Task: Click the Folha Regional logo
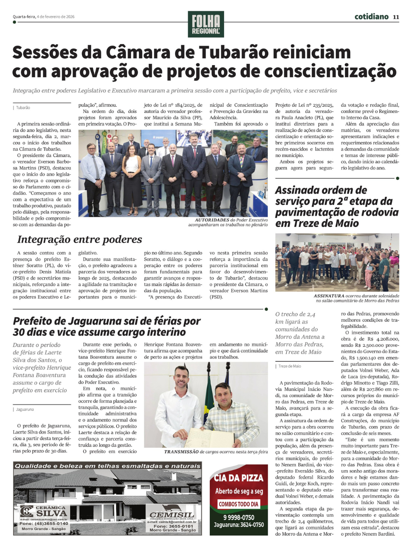coord(206,24)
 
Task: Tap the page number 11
coord(396,17)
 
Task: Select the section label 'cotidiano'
coord(371,16)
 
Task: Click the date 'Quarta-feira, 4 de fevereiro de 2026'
coord(44,17)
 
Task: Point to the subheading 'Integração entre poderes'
coord(80,239)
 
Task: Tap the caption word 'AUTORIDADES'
coord(212,220)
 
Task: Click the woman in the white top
coord(132,173)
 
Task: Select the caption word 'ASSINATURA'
coord(329,296)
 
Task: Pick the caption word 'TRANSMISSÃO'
coord(181,452)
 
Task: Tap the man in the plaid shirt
coord(231,416)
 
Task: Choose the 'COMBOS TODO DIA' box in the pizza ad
coord(239,504)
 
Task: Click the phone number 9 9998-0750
coord(239,517)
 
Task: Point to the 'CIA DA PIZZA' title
coord(239,478)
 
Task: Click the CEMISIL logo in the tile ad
coord(172,515)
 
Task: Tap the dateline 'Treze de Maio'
coord(289,366)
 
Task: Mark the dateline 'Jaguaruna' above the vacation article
coord(25,410)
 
